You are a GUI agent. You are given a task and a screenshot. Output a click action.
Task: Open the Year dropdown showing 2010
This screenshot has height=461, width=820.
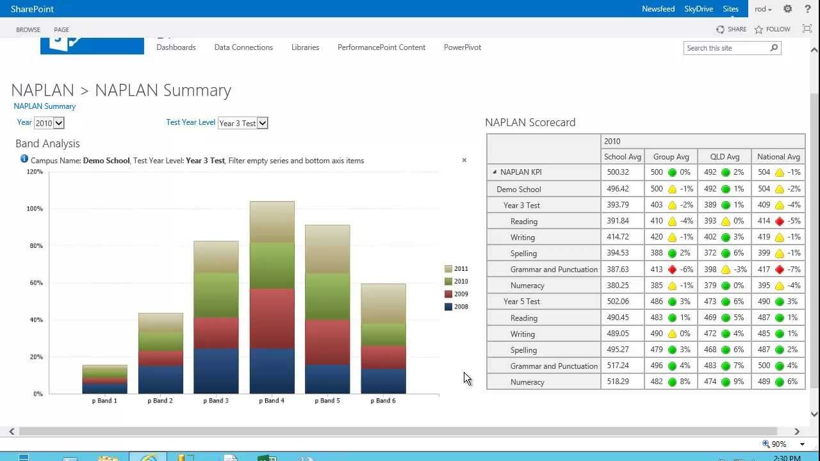49,123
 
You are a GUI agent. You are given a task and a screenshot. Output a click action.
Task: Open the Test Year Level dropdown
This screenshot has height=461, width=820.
243,123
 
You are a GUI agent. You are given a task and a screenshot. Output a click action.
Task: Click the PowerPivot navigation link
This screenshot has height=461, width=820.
462,47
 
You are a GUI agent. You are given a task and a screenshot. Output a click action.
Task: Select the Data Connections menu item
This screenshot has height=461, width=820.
243,47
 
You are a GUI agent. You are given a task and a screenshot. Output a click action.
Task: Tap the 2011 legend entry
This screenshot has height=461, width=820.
456,269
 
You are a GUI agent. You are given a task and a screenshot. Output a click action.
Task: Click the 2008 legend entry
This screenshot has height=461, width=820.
456,307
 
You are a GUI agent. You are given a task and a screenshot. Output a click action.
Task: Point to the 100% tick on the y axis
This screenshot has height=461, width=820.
35,209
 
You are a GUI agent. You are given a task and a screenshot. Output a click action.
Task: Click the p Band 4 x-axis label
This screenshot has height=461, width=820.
272,401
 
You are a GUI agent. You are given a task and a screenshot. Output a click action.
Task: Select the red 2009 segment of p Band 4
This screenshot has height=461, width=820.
272,318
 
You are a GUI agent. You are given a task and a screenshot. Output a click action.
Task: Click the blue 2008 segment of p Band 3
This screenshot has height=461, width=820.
217,371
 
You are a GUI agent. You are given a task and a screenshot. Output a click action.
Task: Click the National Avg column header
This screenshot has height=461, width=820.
778,157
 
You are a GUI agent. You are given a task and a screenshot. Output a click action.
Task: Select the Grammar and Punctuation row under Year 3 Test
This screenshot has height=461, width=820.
553,270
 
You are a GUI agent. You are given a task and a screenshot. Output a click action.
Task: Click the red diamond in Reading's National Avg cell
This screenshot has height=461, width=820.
780,222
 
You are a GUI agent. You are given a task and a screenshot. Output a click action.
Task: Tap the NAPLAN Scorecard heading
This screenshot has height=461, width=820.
530,122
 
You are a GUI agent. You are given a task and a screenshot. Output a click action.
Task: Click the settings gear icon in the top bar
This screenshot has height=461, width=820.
788,9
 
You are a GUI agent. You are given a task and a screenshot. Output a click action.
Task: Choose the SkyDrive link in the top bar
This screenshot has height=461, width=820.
698,9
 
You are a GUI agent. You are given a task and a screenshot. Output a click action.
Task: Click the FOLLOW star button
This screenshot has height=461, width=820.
773,29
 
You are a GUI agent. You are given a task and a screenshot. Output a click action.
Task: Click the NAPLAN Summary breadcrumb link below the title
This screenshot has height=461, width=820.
45,106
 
